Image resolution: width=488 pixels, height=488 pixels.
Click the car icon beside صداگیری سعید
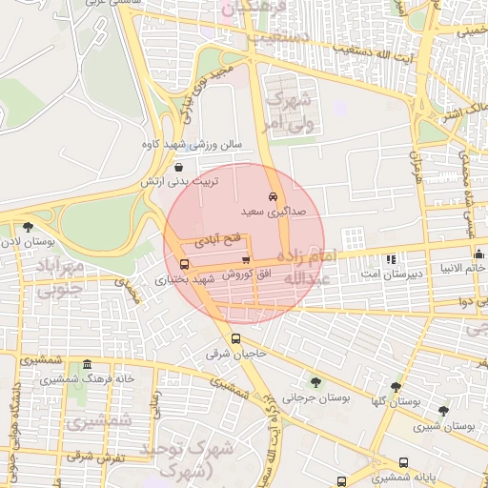tap(274, 196)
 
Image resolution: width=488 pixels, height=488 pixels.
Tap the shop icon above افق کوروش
tap(246, 259)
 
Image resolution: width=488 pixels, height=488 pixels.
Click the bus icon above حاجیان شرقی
tap(235, 338)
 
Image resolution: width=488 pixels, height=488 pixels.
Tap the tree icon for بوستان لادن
tap(27, 227)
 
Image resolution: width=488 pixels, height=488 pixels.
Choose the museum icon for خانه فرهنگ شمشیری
tap(87, 365)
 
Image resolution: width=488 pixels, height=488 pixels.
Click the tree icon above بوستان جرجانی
tap(315, 382)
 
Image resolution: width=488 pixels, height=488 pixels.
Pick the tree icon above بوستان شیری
tap(443, 411)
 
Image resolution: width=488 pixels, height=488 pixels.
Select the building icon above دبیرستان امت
tap(391, 258)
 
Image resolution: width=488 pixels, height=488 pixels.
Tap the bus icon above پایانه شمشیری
tap(403, 463)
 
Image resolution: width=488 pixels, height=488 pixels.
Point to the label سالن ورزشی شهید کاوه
tap(201, 146)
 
